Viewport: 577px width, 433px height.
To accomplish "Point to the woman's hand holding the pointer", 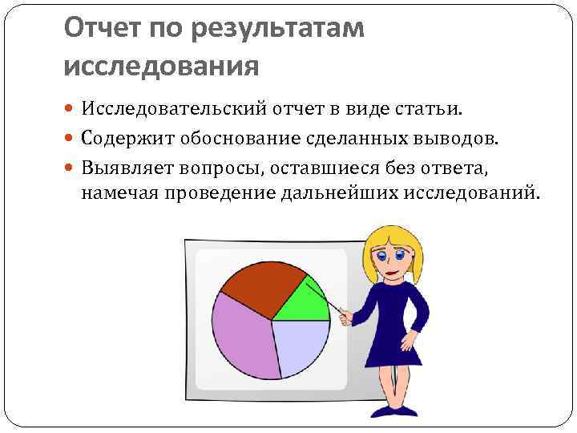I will [345, 318].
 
